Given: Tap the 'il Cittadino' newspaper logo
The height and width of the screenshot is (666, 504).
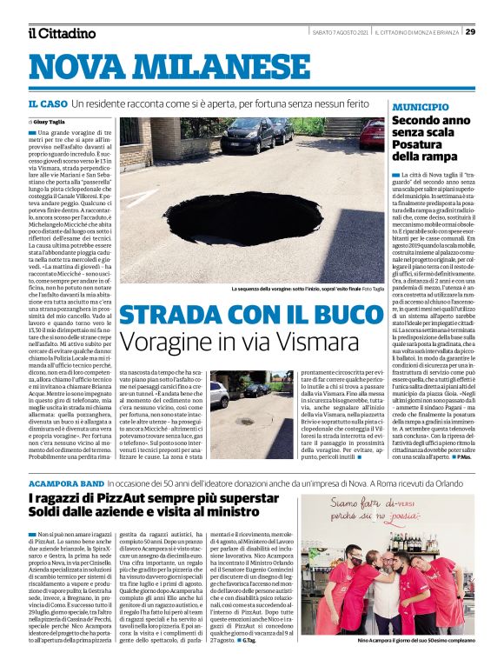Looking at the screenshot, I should (x=61, y=33).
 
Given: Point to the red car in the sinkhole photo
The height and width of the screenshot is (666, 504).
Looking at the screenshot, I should (x=372, y=132).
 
